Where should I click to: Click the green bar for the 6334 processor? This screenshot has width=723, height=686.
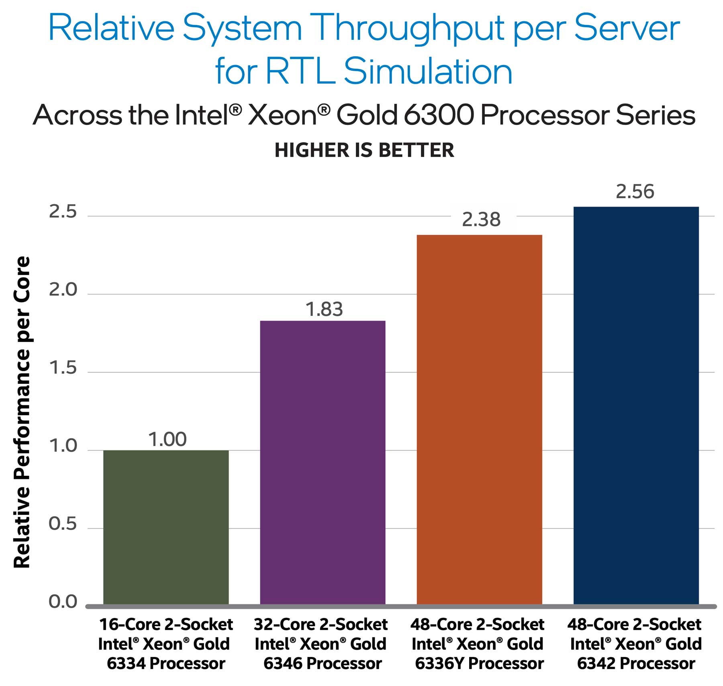coord(166,527)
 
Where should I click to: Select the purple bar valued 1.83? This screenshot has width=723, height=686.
coord(323,462)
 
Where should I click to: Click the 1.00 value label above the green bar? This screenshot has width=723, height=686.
coord(167,439)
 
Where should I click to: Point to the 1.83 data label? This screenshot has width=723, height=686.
coord(324,309)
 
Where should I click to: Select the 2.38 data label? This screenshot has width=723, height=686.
coord(481,220)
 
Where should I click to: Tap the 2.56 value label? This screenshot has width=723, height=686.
coord(635,192)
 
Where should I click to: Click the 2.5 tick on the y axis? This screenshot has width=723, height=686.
coord(63,212)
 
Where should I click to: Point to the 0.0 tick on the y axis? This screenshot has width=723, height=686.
coord(63,602)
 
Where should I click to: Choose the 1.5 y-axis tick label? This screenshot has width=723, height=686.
coord(63,368)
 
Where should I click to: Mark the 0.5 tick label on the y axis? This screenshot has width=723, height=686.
coord(63,524)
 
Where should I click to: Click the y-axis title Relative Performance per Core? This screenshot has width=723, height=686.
coord(22,412)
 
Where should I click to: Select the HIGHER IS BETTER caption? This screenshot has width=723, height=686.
coord(364,150)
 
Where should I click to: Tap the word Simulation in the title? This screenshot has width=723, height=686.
coord(428,72)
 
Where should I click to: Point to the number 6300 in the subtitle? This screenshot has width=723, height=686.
coord(438,115)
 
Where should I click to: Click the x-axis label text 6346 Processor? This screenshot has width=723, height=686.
coord(323,663)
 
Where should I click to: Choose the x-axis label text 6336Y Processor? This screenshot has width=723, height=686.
coord(479,663)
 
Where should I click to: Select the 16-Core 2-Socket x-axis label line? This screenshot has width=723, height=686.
coord(166,625)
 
